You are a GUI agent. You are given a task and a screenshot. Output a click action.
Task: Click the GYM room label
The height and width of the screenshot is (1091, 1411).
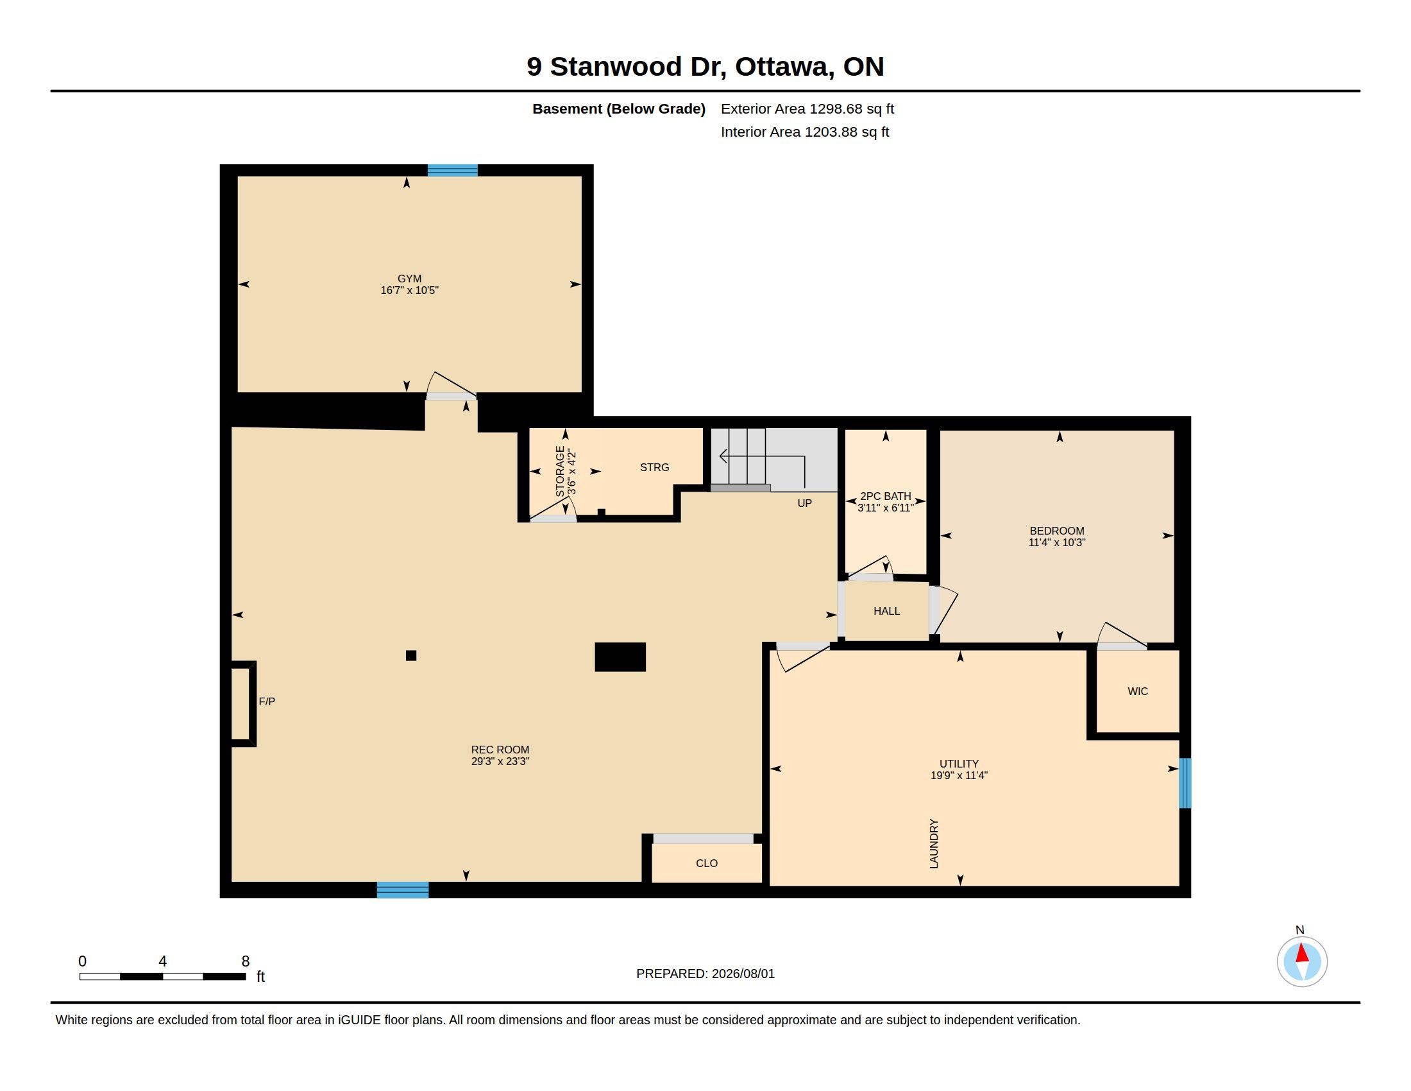pos(410,279)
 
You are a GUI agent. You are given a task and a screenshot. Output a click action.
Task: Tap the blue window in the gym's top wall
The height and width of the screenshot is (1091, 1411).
pos(452,171)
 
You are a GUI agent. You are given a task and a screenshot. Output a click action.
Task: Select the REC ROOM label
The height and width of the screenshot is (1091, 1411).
pos(500,750)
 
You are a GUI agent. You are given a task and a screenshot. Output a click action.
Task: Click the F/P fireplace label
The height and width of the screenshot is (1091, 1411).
pos(267,701)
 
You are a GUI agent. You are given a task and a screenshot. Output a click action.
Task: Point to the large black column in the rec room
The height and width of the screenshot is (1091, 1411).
pos(620,657)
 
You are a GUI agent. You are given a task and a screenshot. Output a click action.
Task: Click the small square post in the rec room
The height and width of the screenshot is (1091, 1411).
pos(411,655)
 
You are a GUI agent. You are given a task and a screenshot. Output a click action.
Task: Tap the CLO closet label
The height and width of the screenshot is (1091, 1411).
pos(707,863)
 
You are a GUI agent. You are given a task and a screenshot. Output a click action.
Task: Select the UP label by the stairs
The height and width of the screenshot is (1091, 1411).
pos(804,503)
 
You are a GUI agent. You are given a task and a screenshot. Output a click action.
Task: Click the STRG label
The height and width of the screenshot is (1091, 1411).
pos(654,467)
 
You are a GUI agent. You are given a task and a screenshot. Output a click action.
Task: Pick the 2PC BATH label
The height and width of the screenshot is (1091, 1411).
pos(886,496)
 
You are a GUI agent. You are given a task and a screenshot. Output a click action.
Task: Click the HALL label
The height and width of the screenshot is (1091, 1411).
pos(886,611)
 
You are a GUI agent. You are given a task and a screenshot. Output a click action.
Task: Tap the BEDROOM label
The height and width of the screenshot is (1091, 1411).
pos(1057,531)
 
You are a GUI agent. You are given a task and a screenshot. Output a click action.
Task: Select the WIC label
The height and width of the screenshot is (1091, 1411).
pos(1138,691)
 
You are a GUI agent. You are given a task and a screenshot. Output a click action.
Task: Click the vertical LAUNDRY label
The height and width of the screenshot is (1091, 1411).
pos(934,843)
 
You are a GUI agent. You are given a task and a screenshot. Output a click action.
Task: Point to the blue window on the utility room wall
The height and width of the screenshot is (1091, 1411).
pos(1185,783)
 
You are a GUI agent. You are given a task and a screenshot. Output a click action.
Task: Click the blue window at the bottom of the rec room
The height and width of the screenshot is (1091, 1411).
pos(403,890)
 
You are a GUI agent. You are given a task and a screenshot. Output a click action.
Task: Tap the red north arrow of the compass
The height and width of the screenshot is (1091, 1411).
pos(1302,953)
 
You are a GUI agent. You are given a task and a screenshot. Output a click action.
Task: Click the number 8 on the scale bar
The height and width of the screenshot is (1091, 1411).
pos(246,961)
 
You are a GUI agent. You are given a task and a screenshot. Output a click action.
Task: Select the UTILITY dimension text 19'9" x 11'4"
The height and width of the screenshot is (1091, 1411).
pos(959,776)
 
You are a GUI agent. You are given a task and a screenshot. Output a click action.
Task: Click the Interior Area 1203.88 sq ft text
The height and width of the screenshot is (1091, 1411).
pos(805,132)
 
